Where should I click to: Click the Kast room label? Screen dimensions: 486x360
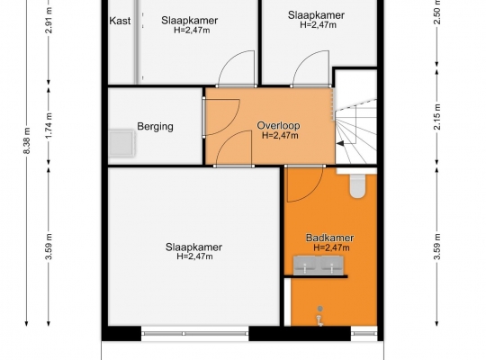120,21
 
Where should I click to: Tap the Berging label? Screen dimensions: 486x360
155,127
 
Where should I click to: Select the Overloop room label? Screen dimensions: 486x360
278,126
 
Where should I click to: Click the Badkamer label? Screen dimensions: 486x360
329,238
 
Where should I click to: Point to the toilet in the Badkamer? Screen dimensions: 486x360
358,184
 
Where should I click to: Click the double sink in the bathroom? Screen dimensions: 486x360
319,265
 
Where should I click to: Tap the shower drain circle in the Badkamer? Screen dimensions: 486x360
320,309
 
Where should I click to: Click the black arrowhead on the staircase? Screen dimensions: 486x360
340,144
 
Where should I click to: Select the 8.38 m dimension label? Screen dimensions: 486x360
28,140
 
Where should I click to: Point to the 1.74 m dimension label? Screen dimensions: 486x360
49,126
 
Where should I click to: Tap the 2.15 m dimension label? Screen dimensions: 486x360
437,117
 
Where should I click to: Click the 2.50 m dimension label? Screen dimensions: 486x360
437,13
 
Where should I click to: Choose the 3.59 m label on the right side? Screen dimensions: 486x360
437,247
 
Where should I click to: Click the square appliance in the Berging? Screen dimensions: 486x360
121,143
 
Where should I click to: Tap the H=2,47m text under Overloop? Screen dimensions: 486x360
280,136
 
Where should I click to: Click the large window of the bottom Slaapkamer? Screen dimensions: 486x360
195,334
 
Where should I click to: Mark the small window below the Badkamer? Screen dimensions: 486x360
364,334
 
